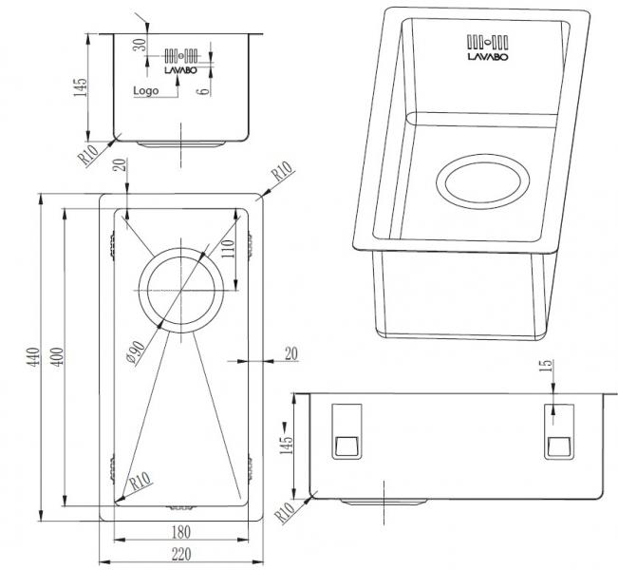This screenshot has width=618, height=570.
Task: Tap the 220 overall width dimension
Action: coord(181,554)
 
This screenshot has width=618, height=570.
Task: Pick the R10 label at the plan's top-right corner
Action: coord(282,174)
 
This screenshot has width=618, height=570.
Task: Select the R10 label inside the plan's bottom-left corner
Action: coord(140,483)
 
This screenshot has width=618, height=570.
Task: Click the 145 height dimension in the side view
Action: coord(284,439)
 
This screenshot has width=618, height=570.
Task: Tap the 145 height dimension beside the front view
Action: coord(83,87)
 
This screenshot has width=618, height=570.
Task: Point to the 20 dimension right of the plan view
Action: coord(290,353)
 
